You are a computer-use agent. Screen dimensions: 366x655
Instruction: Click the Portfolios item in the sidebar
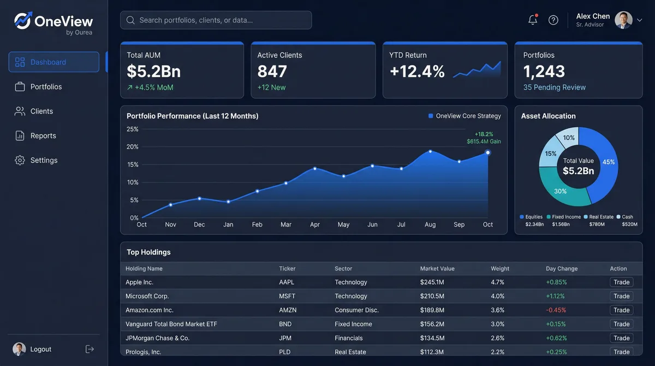pyautogui.click(x=46, y=87)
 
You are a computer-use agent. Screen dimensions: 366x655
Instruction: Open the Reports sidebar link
pyautogui.click(x=43, y=136)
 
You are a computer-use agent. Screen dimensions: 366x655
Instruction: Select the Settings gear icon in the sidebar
pyautogui.click(x=20, y=161)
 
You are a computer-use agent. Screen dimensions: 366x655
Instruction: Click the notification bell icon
pyautogui.click(x=533, y=20)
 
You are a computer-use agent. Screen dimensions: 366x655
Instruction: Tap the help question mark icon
pyautogui.click(x=553, y=20)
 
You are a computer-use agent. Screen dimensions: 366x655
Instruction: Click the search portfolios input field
pyautogui.click(x=216, y=20)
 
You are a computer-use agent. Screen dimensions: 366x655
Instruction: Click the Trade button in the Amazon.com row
pyautogui.click(x=621, y=310)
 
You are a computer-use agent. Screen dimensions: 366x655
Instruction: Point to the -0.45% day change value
pyautogui.click(x=556, y=310)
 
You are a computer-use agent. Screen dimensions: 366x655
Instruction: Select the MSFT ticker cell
pyautogui.click(x=287, y=296)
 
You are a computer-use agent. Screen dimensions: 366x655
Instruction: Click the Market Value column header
pyautogui.click(x=437, y=269)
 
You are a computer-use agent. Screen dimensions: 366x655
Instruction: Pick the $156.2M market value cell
pyautogui.click(x=432, y=324)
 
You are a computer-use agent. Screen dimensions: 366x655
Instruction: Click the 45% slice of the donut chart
pyautogui.click(x=608, y=162)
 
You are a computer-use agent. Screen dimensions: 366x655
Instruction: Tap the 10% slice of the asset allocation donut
pyautogui.click(x=569, y=138)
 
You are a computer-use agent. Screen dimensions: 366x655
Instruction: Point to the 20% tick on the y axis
pyautogui.click(x=133, y=147)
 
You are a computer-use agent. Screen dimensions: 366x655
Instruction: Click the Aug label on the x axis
pyautogui.click(x=430, y=225)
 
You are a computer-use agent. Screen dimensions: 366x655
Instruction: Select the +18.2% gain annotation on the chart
pyautogui.click(x=484, y=134)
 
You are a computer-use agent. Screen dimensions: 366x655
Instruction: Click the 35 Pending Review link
pyautogui.click(x=554, y=87)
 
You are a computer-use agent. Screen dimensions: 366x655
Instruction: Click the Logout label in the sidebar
pyautogui.click(x=40, y=350)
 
